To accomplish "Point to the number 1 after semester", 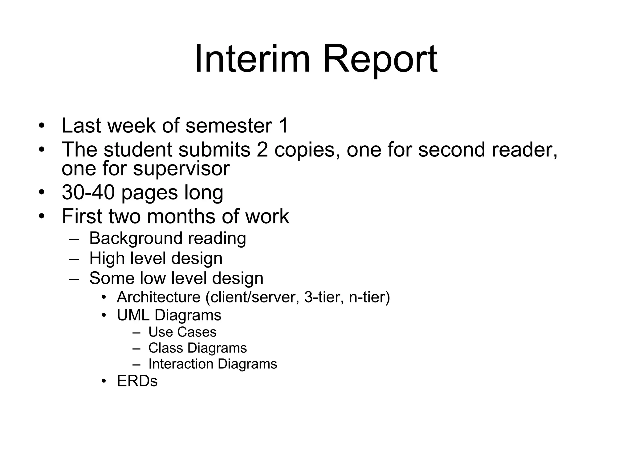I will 283,126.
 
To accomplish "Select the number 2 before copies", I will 262,150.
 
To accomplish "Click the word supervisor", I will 181,169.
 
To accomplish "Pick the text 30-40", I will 88,192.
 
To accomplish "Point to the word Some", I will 112,278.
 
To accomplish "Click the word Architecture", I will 159,297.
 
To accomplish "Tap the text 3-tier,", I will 324,297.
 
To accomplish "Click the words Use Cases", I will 182,332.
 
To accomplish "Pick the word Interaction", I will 181,364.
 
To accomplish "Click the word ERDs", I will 137,381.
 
